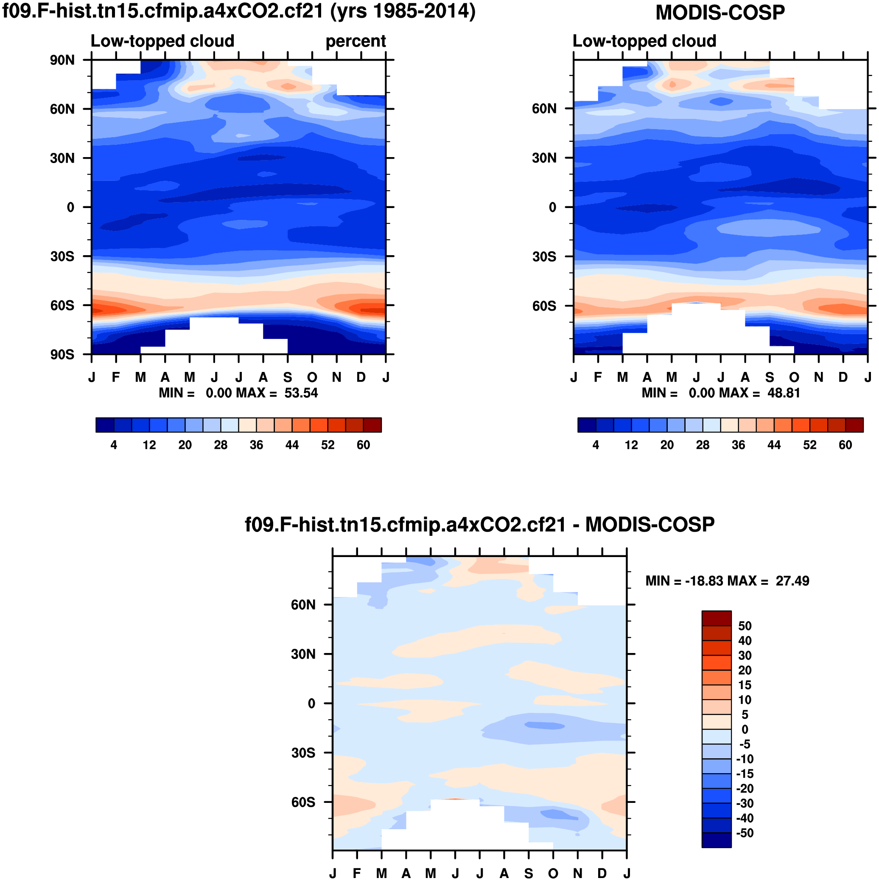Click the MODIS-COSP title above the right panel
pos(719,13)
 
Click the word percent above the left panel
pos(356,42)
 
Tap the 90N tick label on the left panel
pos(62,60)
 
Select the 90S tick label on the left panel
pos(62,355)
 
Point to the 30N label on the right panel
pos(544,158)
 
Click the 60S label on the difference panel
pos(303,802)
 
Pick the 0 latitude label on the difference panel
pos(312,704)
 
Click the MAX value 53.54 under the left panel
pos(301,393)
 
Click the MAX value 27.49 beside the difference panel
pos(792,581)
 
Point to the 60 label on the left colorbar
pos(363,445)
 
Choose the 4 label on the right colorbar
pos(596,445)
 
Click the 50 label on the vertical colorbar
pos(745,626)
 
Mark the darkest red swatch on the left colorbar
pos(372,425)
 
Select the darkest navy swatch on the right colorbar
pos(586,425)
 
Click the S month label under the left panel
pos(288,377)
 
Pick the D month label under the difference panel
pos(602,873)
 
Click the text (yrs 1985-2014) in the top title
pos(403,11)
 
